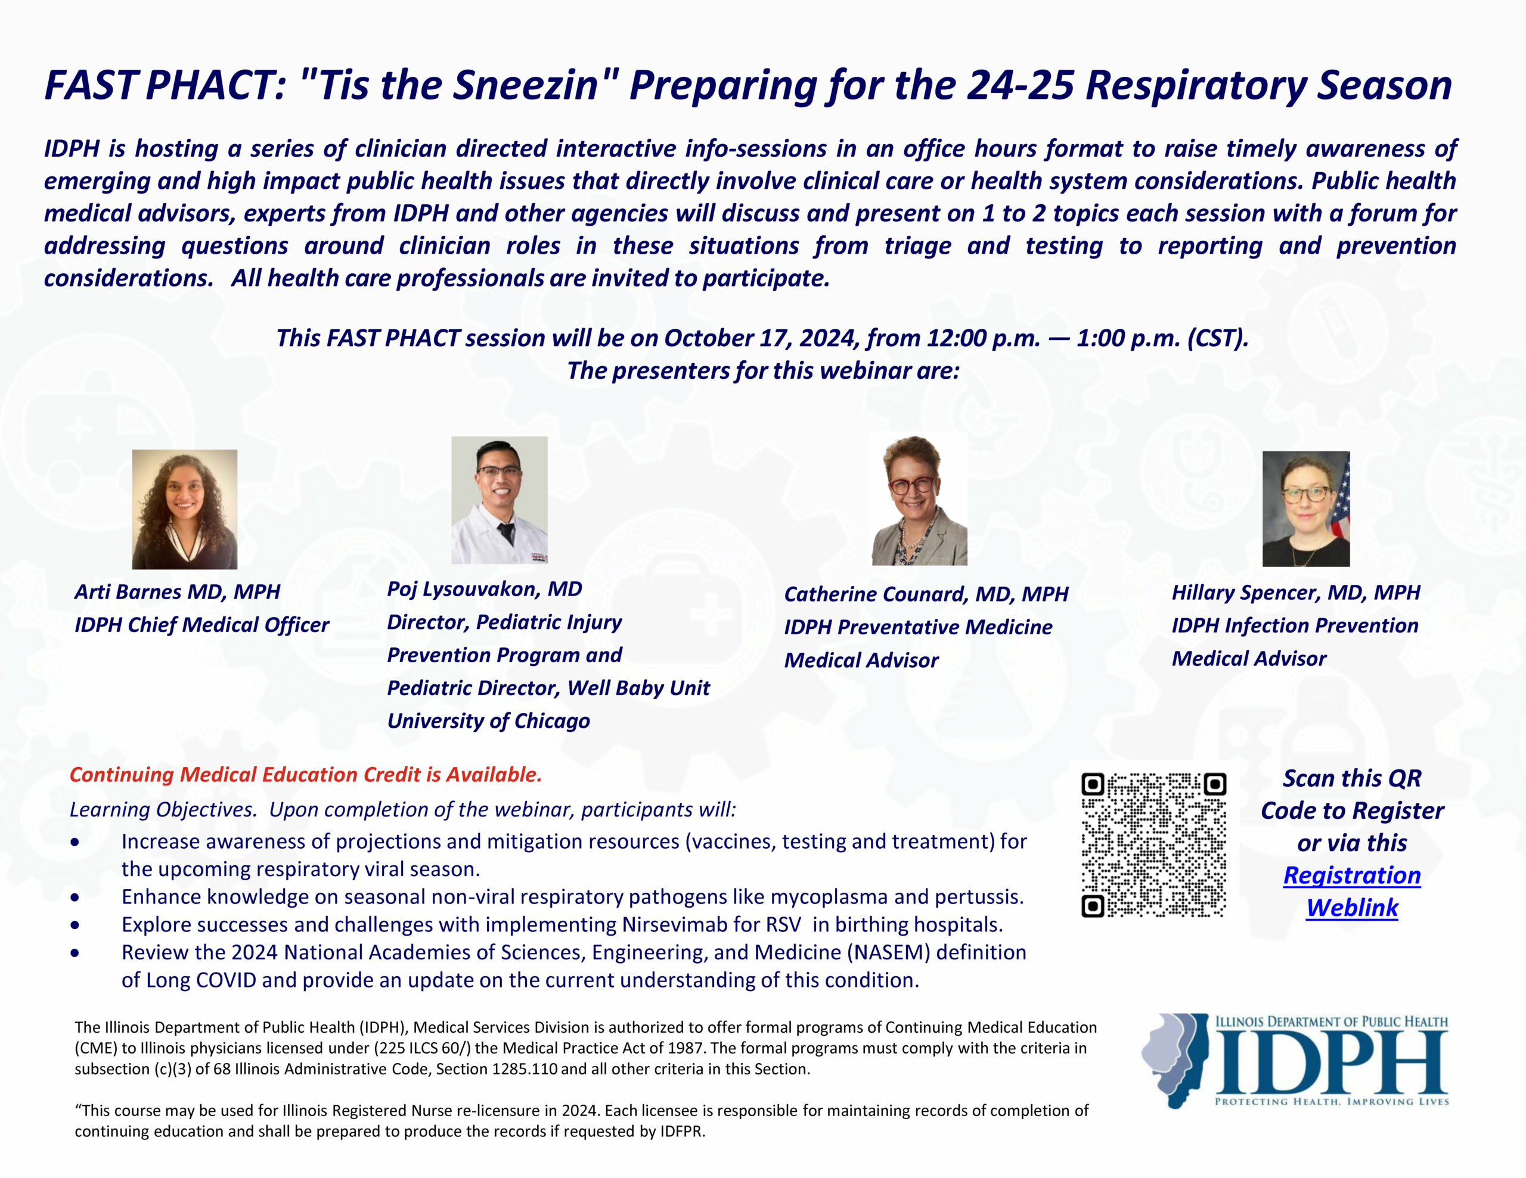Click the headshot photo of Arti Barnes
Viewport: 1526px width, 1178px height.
pyautogui.click(x=184, y=509)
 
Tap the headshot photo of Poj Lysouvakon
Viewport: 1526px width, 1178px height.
pyautogui.click(x=500, y=500)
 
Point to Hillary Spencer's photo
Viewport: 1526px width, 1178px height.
pyautogui.click(x=1306, y=509)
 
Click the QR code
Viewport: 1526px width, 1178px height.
pyautogui.click(x=1153, y=845)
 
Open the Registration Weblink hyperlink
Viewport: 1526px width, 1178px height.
pyautogui.click(x=1352, y=891)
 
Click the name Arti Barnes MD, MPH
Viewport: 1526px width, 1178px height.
pyautogui.click(x=178, y=591)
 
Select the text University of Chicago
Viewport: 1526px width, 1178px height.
pyautogui.click(x=488, y=721)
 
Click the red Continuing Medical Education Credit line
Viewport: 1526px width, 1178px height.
pyautogui.click(x=306, y=774)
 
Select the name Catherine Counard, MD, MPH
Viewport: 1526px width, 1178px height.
pyautogui.click(x=926, y=594)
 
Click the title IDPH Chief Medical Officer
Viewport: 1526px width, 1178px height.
pyautogui.click(x=202, y=625)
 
